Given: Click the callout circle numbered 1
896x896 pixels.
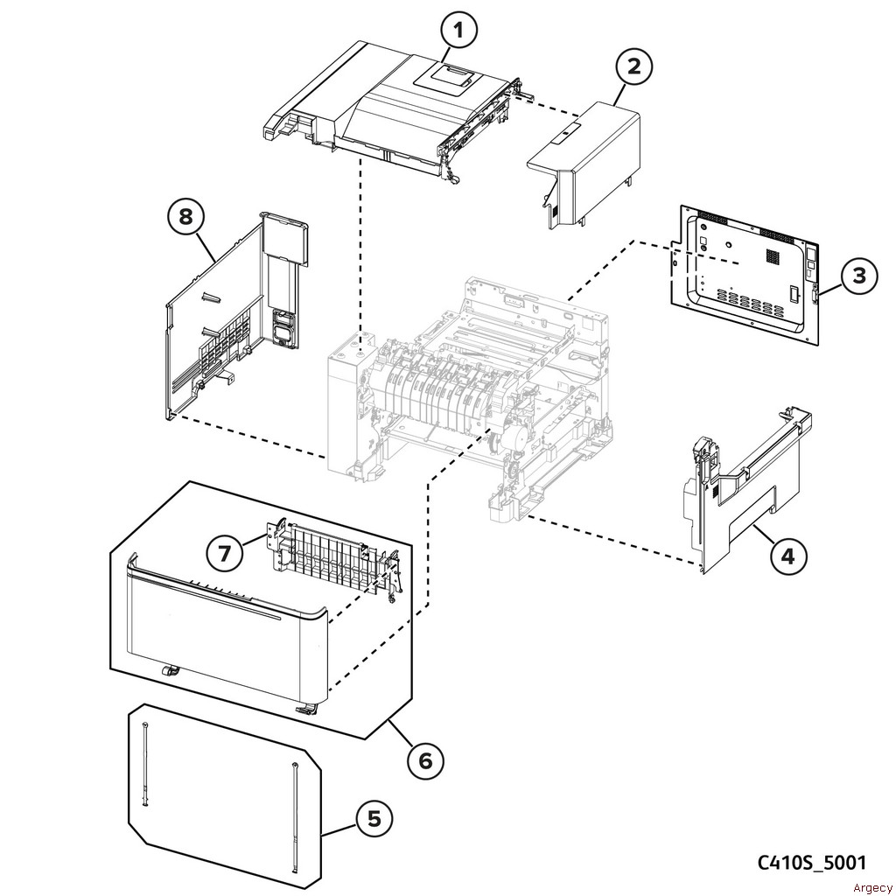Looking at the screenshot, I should [x=459, y=32].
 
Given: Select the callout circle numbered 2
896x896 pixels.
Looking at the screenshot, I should [x=633, y=67].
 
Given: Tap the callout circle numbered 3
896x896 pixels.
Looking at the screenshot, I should [x=859, y=275].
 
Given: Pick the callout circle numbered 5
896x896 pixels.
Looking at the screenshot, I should [x=374, y=820].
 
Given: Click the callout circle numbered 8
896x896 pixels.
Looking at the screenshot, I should [x=185, y=216].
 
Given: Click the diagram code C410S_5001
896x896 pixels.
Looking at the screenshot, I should [x=811, y=863].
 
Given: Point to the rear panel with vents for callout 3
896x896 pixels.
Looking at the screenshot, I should [x=744, y=271].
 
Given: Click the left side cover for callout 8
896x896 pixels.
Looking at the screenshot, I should [x=227, y=324].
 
